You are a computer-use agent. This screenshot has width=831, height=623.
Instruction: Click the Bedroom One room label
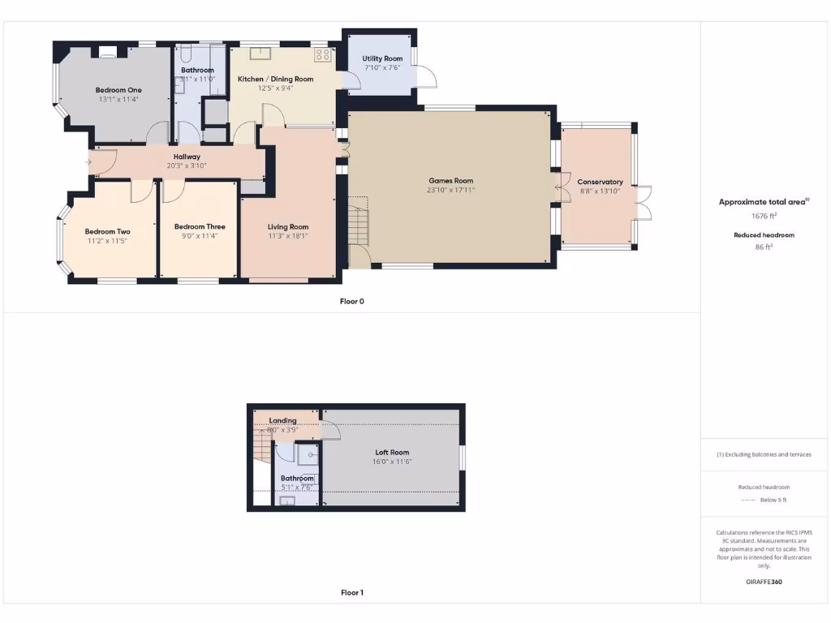(x=118, y=90)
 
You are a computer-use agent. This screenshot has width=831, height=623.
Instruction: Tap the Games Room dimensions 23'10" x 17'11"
(x=451, y=190)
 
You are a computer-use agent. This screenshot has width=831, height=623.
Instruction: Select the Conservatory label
(x=600, y=182)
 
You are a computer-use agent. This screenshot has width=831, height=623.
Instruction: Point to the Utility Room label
(x=382, y=59)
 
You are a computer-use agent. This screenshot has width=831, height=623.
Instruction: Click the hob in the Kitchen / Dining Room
(x=322, y=55)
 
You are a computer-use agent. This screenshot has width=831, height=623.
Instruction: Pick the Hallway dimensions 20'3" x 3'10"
(x=187, y=165)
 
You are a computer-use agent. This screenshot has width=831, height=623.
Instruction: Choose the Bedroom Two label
(x=107, y=231)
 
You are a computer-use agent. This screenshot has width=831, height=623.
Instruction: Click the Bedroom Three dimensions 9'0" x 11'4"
(x=200, y=236)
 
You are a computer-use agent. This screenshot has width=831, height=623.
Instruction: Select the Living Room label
(x=288, y=227)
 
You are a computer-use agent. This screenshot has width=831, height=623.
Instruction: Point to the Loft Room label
(x=392, y=453)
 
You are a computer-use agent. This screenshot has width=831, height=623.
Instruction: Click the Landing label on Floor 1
(x=282, y=421)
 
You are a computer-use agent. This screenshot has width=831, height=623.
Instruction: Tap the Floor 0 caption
(x=351, y=301)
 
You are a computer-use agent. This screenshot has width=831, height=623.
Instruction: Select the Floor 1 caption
(x=351, y=593)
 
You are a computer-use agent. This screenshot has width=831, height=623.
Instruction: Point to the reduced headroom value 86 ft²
(x=763, y=247)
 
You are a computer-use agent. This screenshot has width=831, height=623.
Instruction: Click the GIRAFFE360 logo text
(x=763, y=582)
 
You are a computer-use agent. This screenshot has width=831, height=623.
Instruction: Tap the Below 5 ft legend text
(x=772, y=500)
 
